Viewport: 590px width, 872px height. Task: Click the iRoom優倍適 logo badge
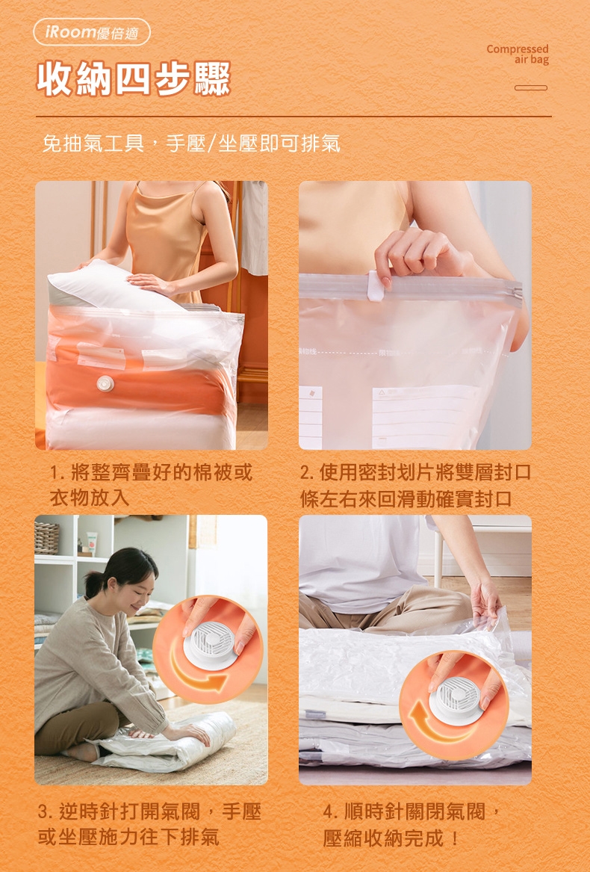tap(92, 31)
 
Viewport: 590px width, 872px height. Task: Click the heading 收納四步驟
tap(134, 79)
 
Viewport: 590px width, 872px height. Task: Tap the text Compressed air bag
tap(518, 54)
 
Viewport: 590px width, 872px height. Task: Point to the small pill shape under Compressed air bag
tap(531, 87)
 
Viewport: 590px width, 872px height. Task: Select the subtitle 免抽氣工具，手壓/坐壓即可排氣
tap(191, 143)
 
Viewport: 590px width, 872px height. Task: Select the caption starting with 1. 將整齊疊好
tap(152, 484)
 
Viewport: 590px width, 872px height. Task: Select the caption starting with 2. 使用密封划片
tap(415, 485)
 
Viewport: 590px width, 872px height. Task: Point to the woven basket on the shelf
tap(47, 538)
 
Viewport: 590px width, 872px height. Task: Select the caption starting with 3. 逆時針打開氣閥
tap(149, 824)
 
